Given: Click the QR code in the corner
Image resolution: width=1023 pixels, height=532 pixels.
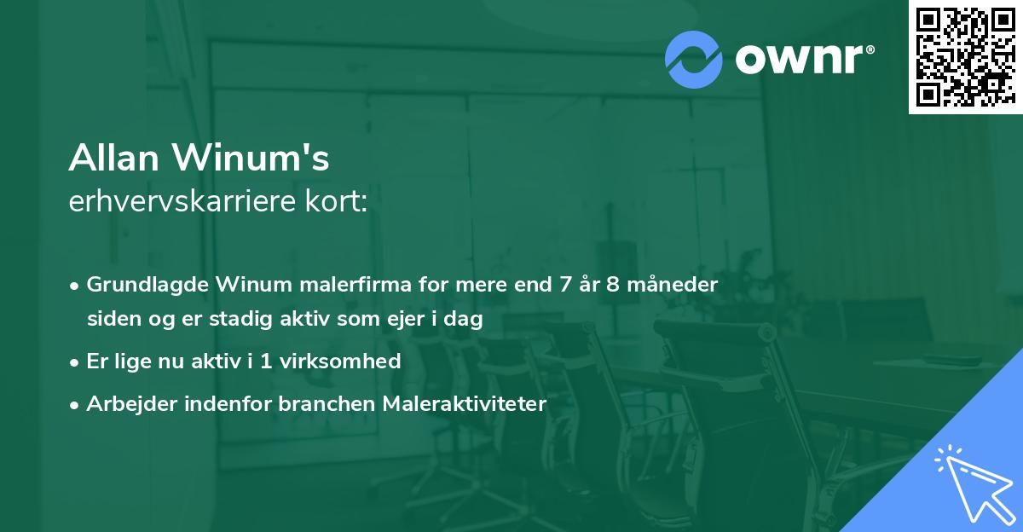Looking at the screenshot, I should [965, 57].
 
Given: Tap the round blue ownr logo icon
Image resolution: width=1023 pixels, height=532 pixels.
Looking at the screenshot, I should [693, 60].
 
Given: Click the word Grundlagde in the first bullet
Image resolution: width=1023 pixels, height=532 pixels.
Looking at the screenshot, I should [149, 283].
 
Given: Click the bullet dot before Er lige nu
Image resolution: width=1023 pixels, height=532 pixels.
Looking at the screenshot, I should [76, 361].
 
